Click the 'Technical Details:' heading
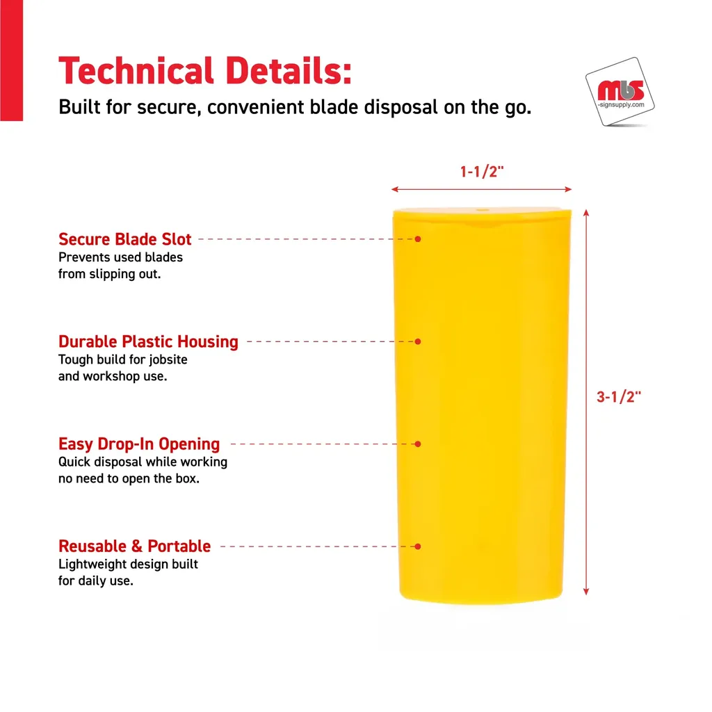(205, 71)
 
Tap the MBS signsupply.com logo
(620, 92)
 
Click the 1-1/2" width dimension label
(482, 172)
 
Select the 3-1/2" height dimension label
(618, 397)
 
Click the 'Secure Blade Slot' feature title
(125, 239)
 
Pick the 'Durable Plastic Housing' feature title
(148, 341)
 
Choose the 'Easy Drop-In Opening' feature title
(139, 444)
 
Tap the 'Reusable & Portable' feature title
(134, 546)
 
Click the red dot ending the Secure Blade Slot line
(418, 239)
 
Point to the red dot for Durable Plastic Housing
(418, 341)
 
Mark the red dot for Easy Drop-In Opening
(418, 444)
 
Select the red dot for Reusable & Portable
(418, 547)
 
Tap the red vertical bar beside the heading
(11, 60)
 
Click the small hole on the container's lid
(483, 210)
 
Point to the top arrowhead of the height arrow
(586, 213)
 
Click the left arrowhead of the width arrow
(395, 189)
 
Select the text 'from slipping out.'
(109, 274)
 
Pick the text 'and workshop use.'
(113, 376)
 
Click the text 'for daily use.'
(96, 581)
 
